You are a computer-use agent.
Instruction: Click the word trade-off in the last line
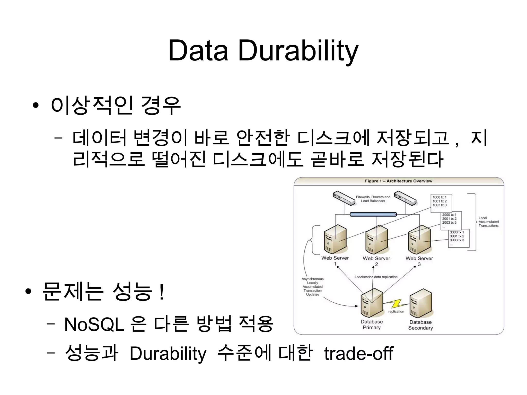358,353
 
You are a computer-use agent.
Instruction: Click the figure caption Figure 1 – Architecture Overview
398,181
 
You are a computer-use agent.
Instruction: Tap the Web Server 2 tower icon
376,240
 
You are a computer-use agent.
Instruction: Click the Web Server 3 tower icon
419,240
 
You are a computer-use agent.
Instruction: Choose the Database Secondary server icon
420,303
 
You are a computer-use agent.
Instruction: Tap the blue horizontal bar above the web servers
373,214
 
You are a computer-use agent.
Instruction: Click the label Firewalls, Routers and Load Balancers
373,199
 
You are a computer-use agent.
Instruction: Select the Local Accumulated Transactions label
488,222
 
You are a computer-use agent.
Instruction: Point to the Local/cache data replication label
376,277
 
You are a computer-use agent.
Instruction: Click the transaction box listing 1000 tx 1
441,203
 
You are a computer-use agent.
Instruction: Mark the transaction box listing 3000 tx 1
459,239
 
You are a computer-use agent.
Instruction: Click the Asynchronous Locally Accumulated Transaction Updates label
312,286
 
